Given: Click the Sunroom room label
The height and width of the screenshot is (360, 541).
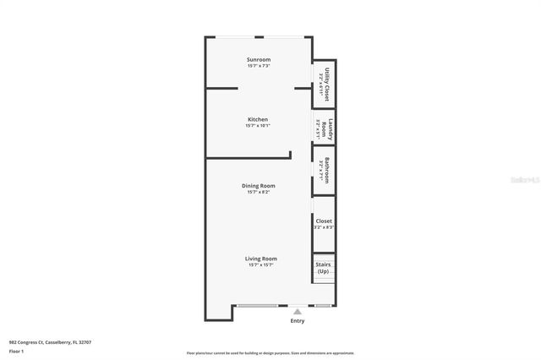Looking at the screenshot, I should (258, 59).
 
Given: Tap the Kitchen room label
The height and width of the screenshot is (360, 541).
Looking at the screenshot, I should (258, 119).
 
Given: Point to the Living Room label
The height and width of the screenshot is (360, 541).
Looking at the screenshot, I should (261, 259).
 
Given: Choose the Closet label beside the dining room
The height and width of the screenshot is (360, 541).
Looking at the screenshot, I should (324, 221).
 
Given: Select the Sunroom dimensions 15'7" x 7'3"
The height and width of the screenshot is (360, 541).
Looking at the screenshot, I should (258, 66).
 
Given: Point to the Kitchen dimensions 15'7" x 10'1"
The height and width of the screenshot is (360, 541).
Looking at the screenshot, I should (258, 126).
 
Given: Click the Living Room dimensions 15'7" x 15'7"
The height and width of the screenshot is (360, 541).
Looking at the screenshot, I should (261, 265).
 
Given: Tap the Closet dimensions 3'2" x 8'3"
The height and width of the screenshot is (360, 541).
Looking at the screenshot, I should (324, 227).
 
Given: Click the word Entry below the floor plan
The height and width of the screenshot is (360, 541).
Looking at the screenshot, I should (297, 321).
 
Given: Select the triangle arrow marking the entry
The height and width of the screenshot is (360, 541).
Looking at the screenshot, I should (297, 311).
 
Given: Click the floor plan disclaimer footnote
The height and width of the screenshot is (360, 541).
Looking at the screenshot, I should (270, 353).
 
